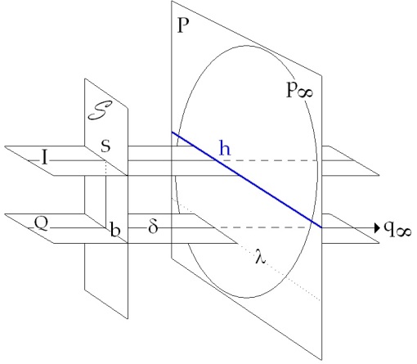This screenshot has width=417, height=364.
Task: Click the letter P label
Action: pyautogui.click(x=183, y=25)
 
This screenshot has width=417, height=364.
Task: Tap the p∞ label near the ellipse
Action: pyautogui.click(x=300, y=90)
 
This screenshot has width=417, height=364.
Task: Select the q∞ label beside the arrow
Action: pyautogui.click(x=397, y=228)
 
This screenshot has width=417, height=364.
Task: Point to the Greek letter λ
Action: pyautogui.click(x=260, y=256)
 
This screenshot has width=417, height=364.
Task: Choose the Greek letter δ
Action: pyautogui.click(x=153, y=226)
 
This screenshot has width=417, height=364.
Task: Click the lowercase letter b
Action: pyautogui.click(x=114, y=229)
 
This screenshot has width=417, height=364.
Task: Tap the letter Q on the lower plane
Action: pyautogui.click(x=41, y=223)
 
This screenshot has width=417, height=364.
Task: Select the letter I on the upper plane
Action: pyautogui.click(x=45, y=158)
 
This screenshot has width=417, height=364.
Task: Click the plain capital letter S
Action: pyautogui.click(x=105, y=146)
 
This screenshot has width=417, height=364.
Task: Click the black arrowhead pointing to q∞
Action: pyautogui.click(x=377, y=227)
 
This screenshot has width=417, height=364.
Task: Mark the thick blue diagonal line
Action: pyautogui.click(x=247, y=179)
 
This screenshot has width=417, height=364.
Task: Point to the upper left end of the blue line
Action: pyautogui.click(x=172, y=133)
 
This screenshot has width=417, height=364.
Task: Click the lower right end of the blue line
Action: pyautogui.click(x=321, y=227)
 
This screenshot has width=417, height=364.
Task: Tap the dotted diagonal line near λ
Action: pyautogui.click(x=246, y=249)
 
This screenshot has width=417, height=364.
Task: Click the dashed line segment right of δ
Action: pyautogui.click(x=263, y=227)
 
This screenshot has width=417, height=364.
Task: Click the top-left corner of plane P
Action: pyautogui.click(x=172, y=1)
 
